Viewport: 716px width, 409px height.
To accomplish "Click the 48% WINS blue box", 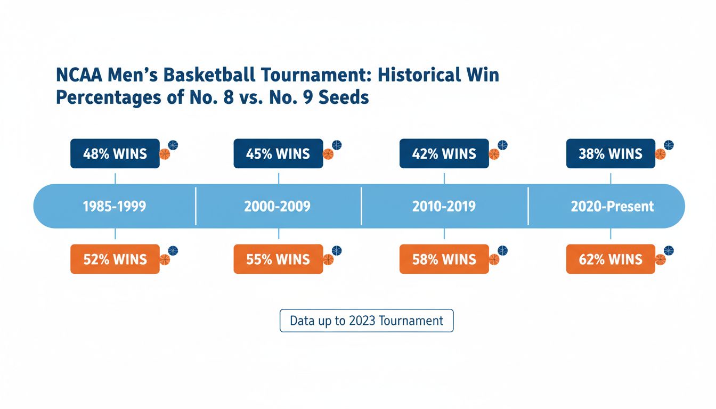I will [115, 153].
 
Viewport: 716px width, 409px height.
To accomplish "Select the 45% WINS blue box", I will [278, 153].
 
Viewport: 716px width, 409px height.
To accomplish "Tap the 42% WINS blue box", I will [444, 153].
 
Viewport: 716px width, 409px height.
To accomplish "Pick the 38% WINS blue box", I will [610, 153].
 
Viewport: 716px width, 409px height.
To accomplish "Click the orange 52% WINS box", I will [115, 259].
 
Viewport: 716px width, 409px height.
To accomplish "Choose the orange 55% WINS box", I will [278, 259].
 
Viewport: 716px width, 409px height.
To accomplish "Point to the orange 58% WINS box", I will [444, 259].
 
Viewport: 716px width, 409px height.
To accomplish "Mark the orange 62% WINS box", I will [610, 259].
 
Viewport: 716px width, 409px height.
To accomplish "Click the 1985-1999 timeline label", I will [115, 206].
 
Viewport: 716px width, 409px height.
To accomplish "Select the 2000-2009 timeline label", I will [278, 206].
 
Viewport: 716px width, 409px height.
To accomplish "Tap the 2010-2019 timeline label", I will [444, 206].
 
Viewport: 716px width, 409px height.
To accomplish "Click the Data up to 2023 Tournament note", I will [367, 321].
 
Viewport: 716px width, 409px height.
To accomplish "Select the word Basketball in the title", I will [197, 75].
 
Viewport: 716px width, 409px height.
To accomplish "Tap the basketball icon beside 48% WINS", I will [168, 150].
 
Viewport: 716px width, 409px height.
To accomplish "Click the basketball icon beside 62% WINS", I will [664, 256].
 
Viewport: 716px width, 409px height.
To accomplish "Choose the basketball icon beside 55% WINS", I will [331, 256].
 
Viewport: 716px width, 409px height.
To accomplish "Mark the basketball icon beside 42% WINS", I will [498, 150].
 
